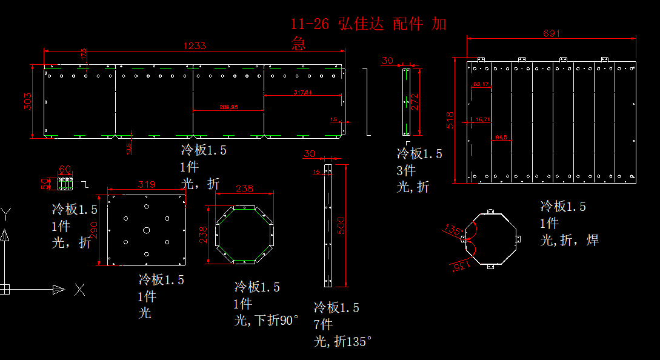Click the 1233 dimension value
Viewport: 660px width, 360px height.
(x=196, y=45)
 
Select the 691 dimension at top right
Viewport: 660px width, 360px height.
(x=551, y=33)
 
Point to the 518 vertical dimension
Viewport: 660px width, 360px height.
(x=449, y=119)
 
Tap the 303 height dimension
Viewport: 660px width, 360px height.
(x=27, y=101)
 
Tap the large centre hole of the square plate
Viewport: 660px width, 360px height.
(x=147, y=230)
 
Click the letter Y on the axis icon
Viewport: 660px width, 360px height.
(x=5, y=213)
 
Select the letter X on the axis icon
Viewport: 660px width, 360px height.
(x=79, y=290)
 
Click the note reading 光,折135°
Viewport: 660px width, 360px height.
(x=342, y=342)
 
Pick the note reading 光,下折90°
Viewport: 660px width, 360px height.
(x=267, y=320)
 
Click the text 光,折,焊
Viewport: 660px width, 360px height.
(x=570, y=241)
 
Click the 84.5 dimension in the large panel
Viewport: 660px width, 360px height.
(x=501, y=136)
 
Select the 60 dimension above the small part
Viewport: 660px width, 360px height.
(x=65, y=169)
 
